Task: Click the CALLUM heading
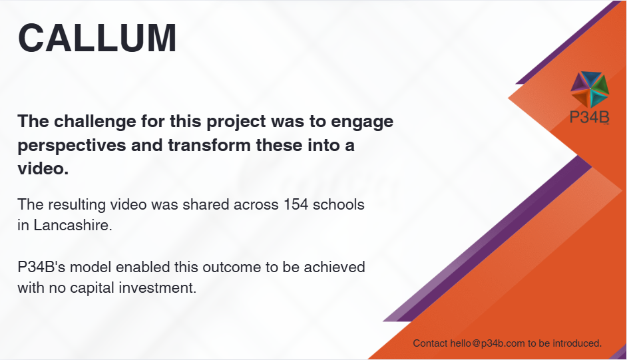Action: (97, 38)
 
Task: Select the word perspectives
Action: (72, 146)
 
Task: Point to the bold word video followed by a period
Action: (43, 168)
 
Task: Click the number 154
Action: (296, 204)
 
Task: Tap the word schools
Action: (338, 204)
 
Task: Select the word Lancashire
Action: (73, 226)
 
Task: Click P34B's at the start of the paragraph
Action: (41, 267)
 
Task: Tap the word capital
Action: (92, 288)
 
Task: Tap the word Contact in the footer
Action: (430, 343)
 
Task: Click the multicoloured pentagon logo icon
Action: (590, 89)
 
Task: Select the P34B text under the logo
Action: (590, 118)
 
